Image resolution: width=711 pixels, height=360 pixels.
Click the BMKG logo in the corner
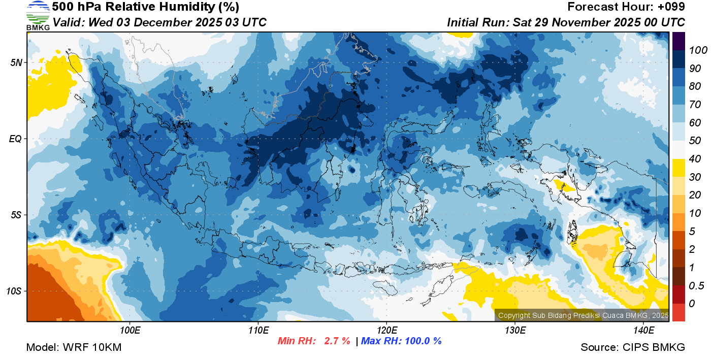(x=38, y=15)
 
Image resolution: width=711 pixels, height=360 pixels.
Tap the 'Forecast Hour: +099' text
(x=626, y=7)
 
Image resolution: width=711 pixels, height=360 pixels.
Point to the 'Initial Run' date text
(x=566, y=23)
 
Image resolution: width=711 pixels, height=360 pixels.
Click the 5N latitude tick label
(x=16, y=62)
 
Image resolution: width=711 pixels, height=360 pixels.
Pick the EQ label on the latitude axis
(x=16, y=139)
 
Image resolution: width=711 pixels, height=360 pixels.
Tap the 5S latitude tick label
(x=16, y=215)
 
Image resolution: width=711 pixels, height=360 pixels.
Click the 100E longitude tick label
(x=131, y=331)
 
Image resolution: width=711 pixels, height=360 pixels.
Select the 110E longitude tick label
(x=258, y=331)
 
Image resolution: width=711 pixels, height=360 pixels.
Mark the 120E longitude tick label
(x=387, y=331)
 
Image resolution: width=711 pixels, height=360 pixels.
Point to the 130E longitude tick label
(x=515, y=331)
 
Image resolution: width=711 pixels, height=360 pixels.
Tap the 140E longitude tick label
(x=643, y=331)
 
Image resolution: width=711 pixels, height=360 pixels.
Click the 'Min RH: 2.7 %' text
(x=314, y=341)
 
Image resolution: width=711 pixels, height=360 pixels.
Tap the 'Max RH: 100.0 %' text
(x=401, y=341)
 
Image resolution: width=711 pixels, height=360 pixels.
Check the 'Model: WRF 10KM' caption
(x=74, y=348)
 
